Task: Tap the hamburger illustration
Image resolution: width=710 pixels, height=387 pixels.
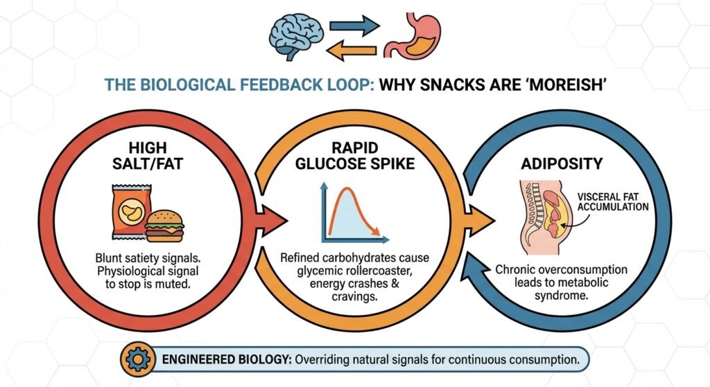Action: [164, 224]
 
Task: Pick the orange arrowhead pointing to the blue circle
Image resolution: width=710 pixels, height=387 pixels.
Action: [483, 220]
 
